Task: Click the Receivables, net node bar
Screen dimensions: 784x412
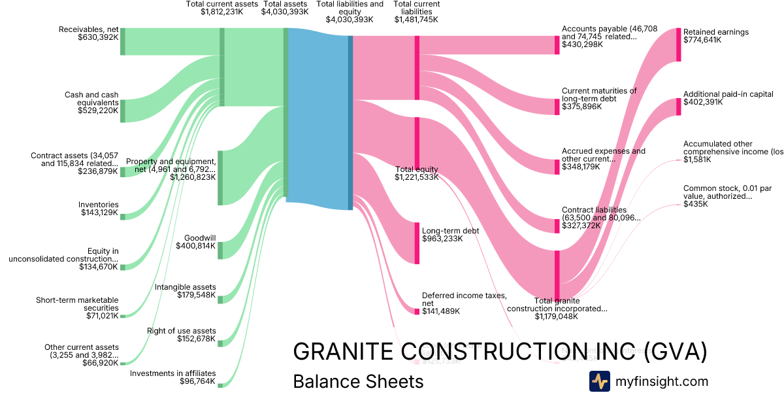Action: pyautogui.click(x=122, y=42)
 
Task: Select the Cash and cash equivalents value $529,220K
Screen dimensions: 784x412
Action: pyautogui.click(x=98, y=111)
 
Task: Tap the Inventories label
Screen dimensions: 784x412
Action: pyautogui.click(x=99, y=204)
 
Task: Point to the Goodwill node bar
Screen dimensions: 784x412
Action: pyautogui.click(x=220, y=250)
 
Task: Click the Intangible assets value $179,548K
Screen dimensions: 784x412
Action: pyautogui.click(x=196, y=296)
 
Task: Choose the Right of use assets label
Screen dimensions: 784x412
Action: pyautogui.click(x=181, y=331)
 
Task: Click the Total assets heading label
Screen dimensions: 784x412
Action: pyautogui.click(x=285, y=4)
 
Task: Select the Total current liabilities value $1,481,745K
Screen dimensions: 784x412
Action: pyautogui.click(x=416, y=20)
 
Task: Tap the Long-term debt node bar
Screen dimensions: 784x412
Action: pyautogui.click(x=417, y=243)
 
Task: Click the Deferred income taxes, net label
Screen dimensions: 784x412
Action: pyautogui.click(x=464, y=300)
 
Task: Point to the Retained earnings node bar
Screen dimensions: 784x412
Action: pyautogui.click(x=678, y=44)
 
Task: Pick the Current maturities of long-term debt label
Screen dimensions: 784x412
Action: pyautogui.click(x=599, y=95)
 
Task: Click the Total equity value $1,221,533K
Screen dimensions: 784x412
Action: pyautogui.click(x=417, y=177)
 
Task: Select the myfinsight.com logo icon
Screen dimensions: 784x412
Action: pyautogui.click(x=600, y=381)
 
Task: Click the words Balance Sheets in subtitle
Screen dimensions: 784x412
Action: pyautogui.click(x=358, y=381)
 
